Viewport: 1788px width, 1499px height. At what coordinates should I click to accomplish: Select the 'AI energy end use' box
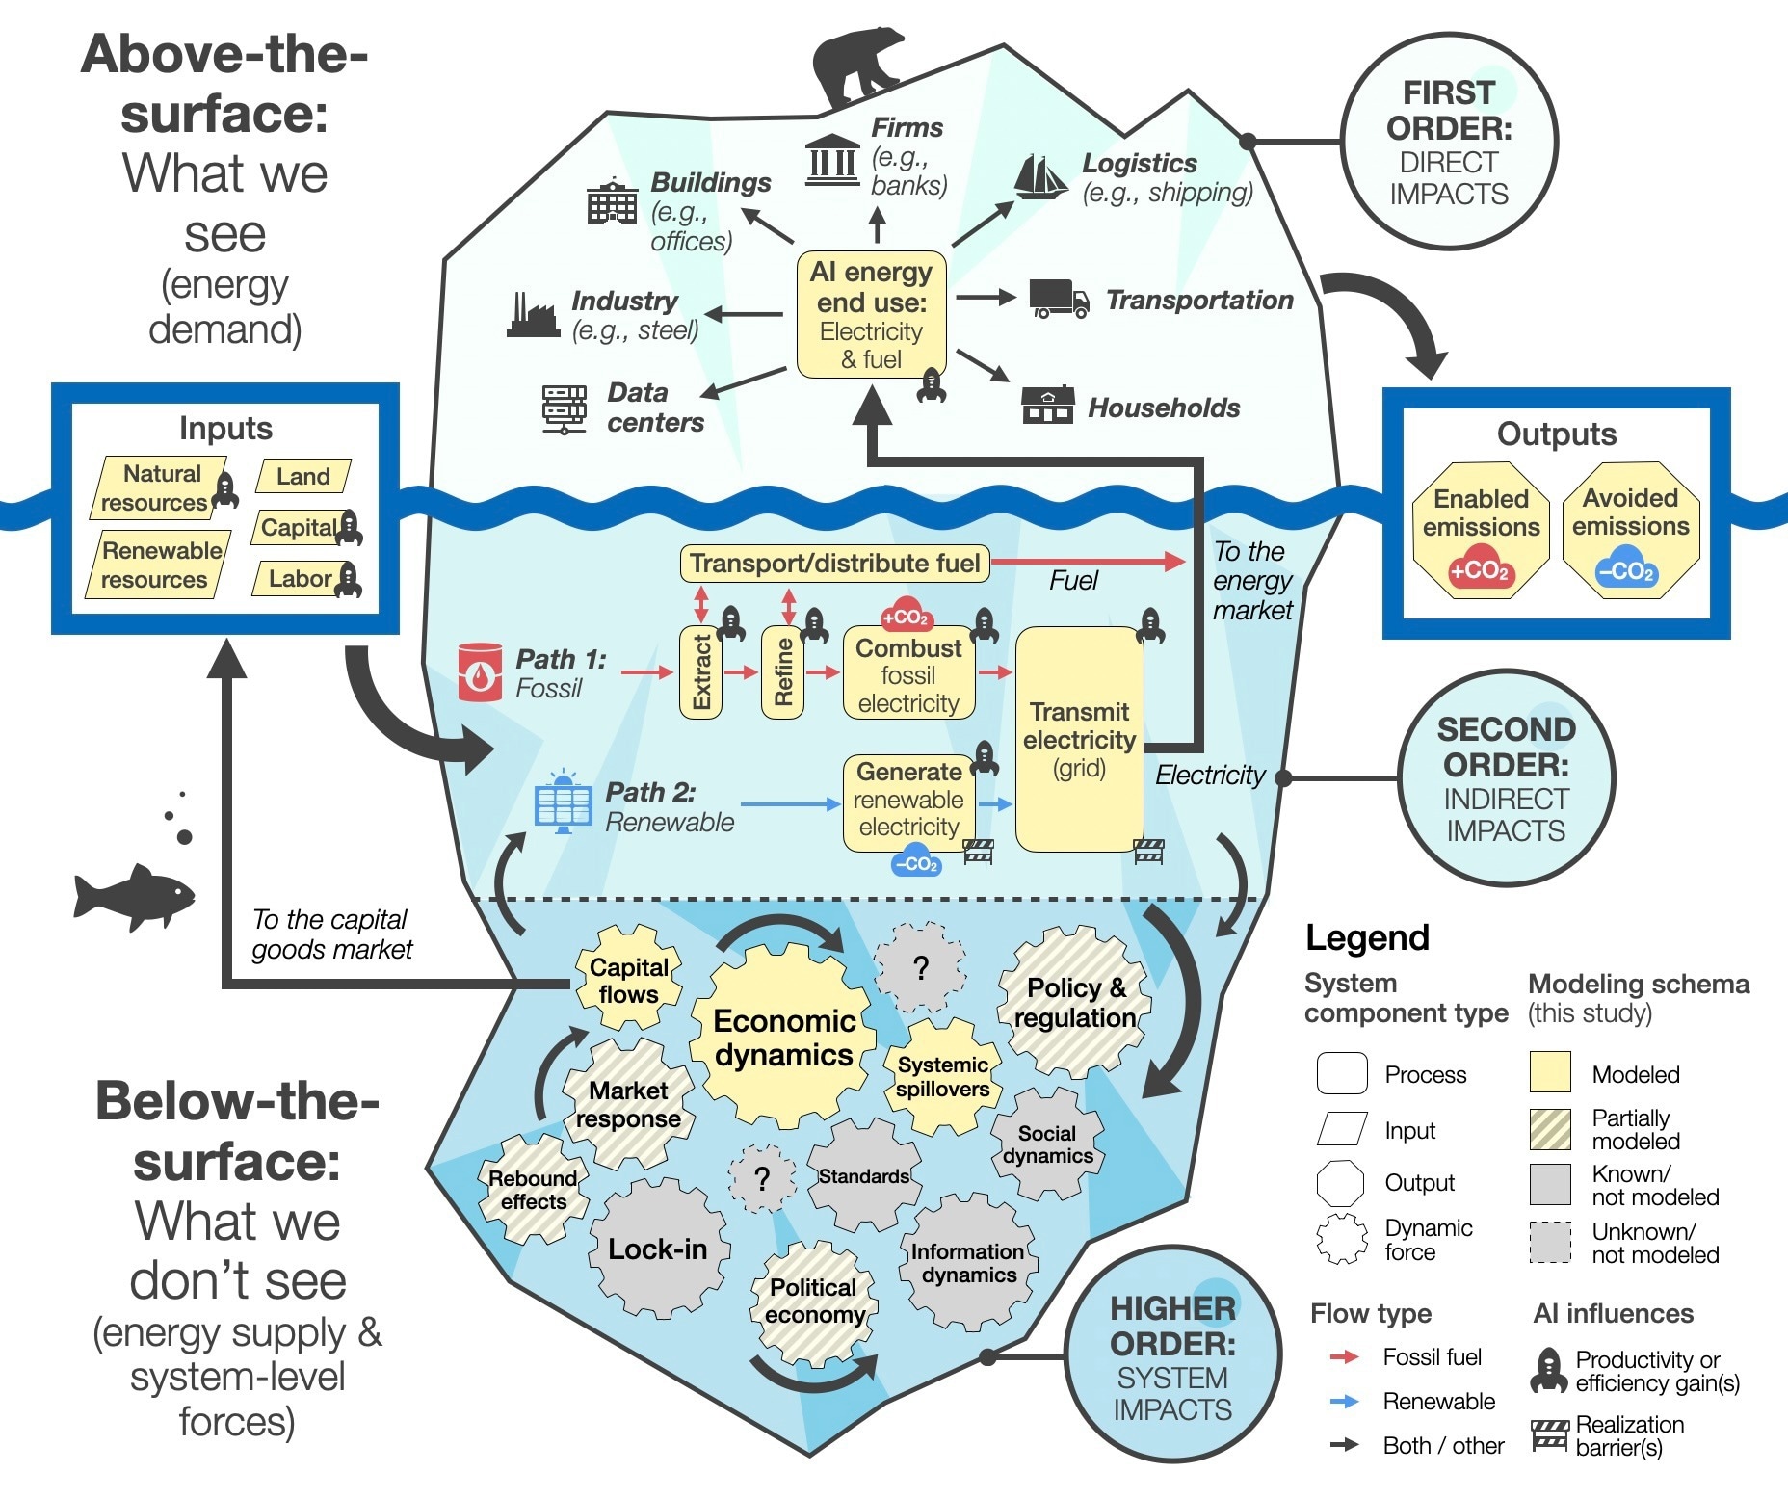(872, 315)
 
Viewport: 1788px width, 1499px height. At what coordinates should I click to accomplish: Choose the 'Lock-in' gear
(659, 1249)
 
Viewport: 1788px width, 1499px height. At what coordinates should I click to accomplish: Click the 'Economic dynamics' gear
(783, 1037)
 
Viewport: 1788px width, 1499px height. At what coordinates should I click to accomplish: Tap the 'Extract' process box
(700, 672)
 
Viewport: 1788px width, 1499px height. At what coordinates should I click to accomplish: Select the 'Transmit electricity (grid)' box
(1080, 739)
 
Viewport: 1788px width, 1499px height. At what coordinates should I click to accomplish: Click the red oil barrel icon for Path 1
(480, 671)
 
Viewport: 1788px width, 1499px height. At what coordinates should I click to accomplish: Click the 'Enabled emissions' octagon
(1481, 531)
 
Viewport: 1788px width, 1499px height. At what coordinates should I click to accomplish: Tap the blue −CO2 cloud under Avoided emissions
(1627, 570)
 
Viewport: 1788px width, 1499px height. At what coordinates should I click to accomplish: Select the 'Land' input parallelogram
(303, 476)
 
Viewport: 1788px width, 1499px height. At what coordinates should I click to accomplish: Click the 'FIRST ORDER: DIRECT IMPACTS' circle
(1449, 143)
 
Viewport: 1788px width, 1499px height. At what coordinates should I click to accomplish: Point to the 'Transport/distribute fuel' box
(835, 564)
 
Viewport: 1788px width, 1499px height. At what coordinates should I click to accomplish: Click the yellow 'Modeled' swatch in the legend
(1550, 1072)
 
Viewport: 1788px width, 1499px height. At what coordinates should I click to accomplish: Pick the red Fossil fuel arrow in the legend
(1344, 1356)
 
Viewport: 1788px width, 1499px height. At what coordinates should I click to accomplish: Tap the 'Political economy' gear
(814, 1301)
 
